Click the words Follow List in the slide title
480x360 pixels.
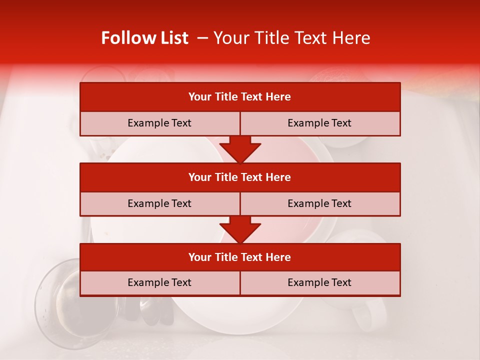click(x=144, y=38)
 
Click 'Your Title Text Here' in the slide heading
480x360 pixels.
click(x=291, y=38)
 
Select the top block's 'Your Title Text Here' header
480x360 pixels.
click(x=239, y=97)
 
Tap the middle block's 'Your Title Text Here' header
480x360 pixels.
click(x=239, y=177)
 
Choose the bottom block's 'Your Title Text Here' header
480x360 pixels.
click(x=239, y=257)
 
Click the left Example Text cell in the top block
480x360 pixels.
click(x=159, y=123)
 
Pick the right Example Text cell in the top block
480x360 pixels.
click(x=319, y=123)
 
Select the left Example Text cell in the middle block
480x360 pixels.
click(x=159, y=203)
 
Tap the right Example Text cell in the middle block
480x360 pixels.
click(x=319, y=203)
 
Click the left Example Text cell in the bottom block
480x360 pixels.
click(x=159, y=282)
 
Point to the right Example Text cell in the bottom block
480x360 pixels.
click(x=319, y=282)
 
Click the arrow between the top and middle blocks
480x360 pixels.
click(x=240, y=149)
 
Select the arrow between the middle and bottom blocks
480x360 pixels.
click(x=240, y=229)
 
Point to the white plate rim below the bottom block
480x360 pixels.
click(x=240, y=320)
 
